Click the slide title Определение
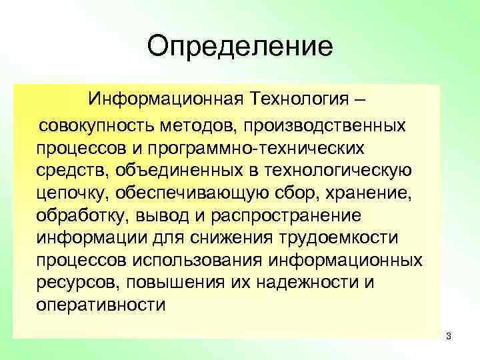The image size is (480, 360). (240, 47)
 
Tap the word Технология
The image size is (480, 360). (297, 100)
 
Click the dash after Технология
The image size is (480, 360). (360, 100)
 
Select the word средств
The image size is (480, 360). (71, 170)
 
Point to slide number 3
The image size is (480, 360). (449, 336)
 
